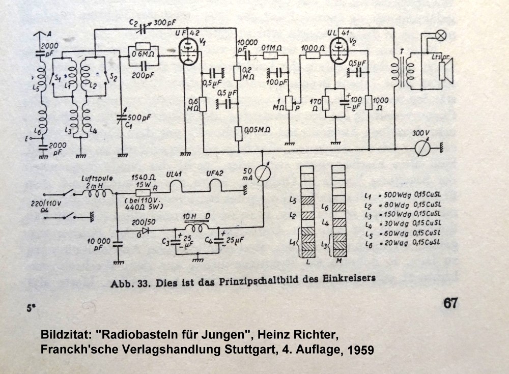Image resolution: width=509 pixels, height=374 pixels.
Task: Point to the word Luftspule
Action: coord(97,179)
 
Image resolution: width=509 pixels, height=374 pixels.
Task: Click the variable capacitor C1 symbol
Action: coord(121,120)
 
